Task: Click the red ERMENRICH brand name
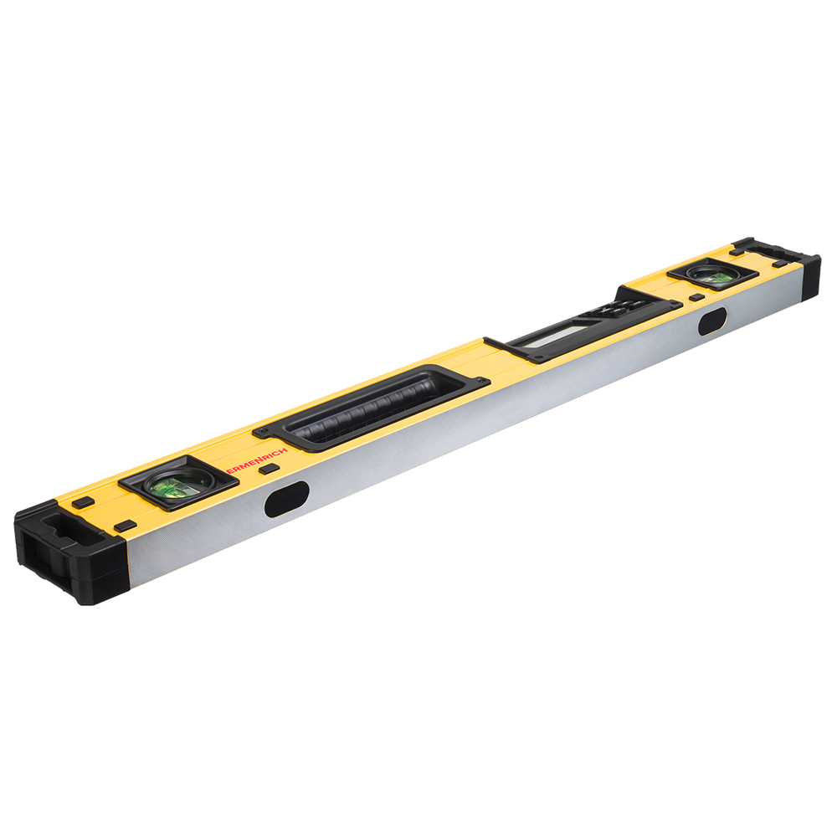(x=257, y=460)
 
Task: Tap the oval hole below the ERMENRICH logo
(x=286, y=499)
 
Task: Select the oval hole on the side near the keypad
(x=712, y=321)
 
